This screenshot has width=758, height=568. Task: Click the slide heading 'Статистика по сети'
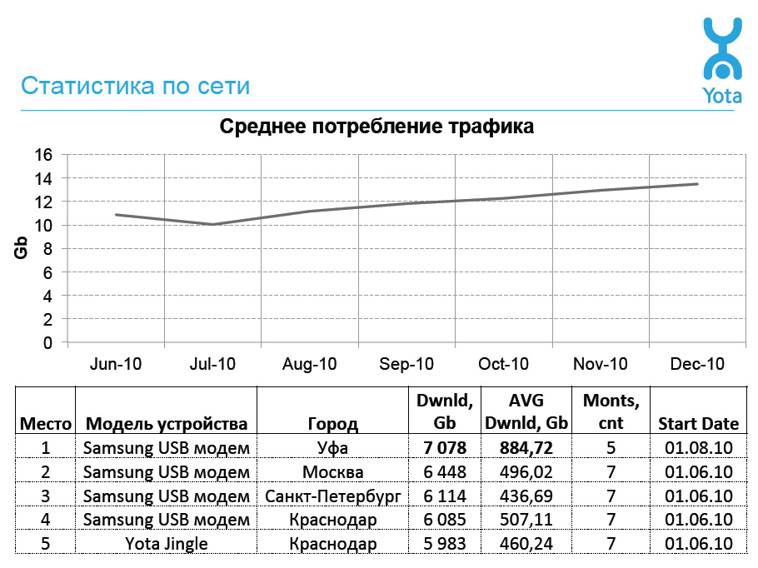[135, 86]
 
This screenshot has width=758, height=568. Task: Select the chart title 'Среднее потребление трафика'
[377, 127]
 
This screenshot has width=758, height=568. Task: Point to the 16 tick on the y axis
[43, 155]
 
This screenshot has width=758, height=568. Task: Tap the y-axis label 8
[47, 249]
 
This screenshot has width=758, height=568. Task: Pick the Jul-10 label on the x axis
[212, 364]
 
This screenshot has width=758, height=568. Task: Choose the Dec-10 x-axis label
[697, 364]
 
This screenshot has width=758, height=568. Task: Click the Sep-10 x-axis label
[406, 364]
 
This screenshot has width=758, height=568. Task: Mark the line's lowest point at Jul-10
[212, 224]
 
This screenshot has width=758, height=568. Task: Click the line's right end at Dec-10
[697, 184]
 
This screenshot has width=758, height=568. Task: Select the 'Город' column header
[333, 423]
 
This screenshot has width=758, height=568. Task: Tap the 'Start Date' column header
[698, 423]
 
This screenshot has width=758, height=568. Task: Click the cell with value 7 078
[444, 447]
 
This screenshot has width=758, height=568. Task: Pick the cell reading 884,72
[526, 447]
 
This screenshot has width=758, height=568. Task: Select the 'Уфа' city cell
[333, 448]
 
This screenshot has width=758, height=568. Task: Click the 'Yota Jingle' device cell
[166, 544]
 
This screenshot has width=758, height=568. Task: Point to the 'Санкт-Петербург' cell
[333, 496]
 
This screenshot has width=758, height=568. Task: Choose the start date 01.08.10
[698, 448]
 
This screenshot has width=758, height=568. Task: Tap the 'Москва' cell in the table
[333, 472]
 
